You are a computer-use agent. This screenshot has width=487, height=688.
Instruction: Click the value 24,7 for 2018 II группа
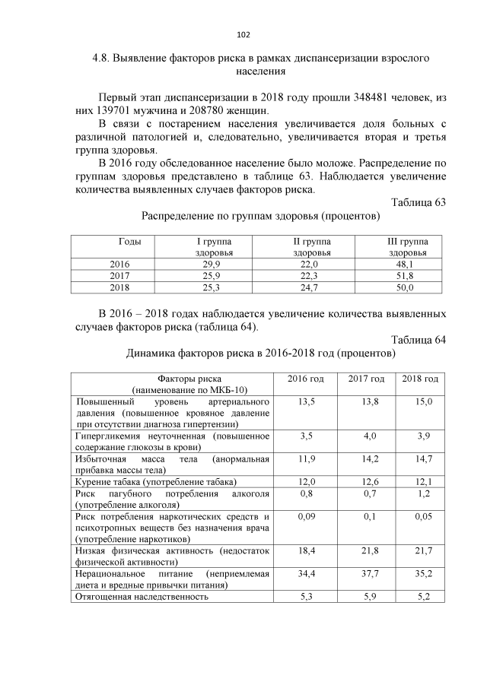[310, 288]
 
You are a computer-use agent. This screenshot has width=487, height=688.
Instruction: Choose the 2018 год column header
[420, 379]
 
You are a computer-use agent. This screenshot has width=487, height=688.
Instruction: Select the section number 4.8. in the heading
[103, 57]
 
